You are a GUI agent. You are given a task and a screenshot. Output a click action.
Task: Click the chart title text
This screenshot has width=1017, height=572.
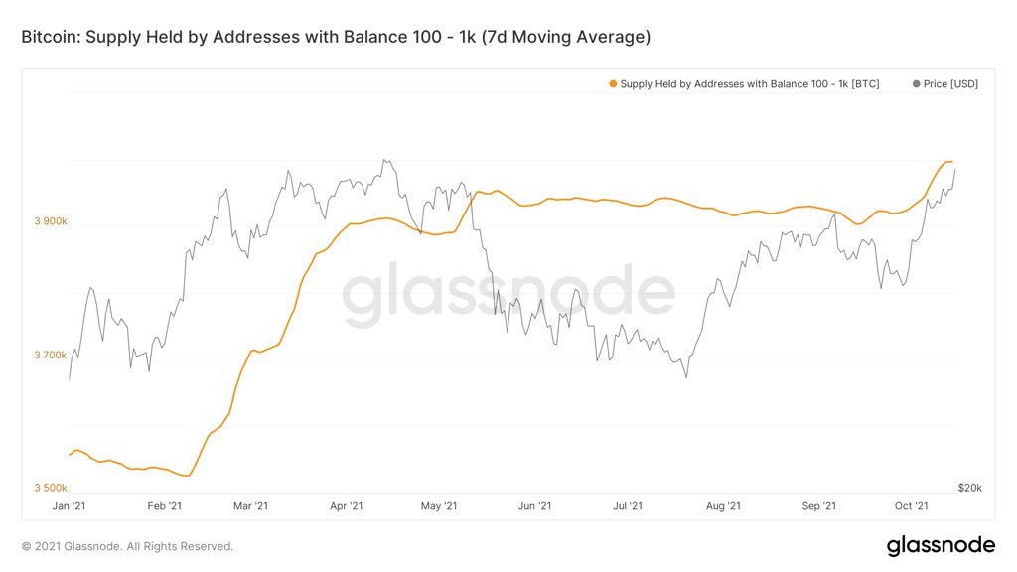tap(336, 37)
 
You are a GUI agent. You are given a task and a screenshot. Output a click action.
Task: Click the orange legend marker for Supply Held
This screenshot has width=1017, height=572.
tap(613, 84)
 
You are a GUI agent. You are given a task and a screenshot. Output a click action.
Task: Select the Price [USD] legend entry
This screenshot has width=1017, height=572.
tap(944, 84)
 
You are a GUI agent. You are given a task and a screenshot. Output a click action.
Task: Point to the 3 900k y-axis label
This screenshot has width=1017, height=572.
tap(51, 222)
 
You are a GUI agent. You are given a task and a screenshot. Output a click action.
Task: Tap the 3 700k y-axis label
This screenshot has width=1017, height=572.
tap(51, 356)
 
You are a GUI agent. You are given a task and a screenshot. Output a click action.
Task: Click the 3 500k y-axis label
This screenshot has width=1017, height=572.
tap(51, 488)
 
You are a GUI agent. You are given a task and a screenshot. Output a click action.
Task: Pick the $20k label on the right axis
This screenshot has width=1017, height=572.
tap(969, 488)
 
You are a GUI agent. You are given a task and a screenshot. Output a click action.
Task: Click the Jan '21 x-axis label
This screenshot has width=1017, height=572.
tap(70, 506)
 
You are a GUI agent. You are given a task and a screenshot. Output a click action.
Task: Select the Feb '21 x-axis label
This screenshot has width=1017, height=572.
tap(164, 506)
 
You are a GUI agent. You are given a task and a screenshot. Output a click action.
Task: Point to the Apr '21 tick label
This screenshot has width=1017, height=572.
tap(345, 506)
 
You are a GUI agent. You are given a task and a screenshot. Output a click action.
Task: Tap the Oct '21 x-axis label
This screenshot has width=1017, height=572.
tap(910, 506)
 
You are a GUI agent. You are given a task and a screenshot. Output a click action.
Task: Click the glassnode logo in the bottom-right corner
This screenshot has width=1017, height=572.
tap(940, 545)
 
